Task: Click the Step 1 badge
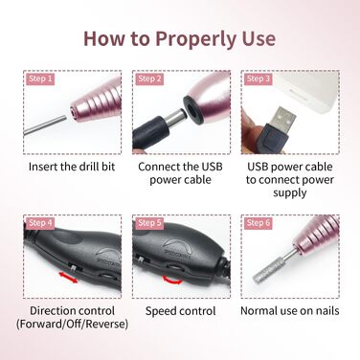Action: [39, 79]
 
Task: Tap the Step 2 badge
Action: [149, 79]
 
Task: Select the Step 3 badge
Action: [258, 79]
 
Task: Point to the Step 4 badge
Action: [39, 223]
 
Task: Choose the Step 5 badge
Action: [149, 223]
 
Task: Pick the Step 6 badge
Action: [258, 223]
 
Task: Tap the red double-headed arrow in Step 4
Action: [67, 278]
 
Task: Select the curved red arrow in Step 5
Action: [172, 281]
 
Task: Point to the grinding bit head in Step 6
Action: [265, 273]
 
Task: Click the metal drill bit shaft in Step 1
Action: [45, 125]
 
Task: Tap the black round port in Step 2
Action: [193, 108]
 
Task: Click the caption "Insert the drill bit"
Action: [72, 167]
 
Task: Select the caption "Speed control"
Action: [181, 311]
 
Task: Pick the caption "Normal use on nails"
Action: [290, 310]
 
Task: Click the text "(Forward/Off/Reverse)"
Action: [72, 324]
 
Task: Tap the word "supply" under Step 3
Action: [290, 193]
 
